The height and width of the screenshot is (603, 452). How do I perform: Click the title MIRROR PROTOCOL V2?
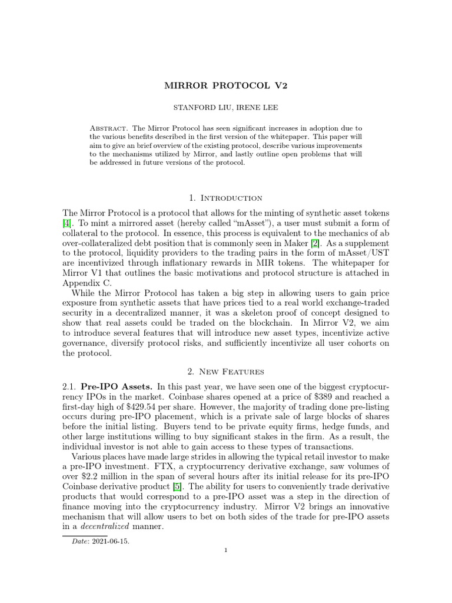[225, 86]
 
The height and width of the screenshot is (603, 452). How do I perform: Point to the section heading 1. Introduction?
[226, 198]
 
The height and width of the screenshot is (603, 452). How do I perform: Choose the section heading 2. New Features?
[226, 372]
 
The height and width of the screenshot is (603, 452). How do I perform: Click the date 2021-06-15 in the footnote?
[110, 542]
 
